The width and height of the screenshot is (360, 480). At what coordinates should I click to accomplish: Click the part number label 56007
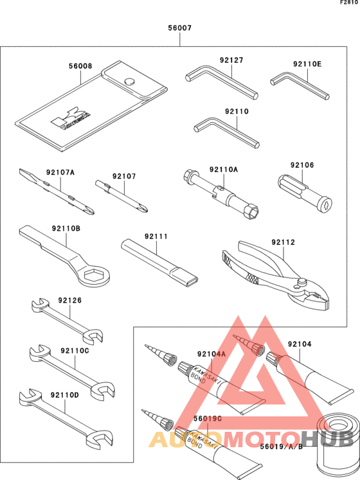(179, 29)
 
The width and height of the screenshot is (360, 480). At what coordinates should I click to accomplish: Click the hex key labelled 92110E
(299, 86)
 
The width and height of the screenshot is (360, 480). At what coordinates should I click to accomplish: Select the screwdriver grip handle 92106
(302, 190)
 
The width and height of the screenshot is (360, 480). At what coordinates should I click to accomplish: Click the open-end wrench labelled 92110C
(71, 369)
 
